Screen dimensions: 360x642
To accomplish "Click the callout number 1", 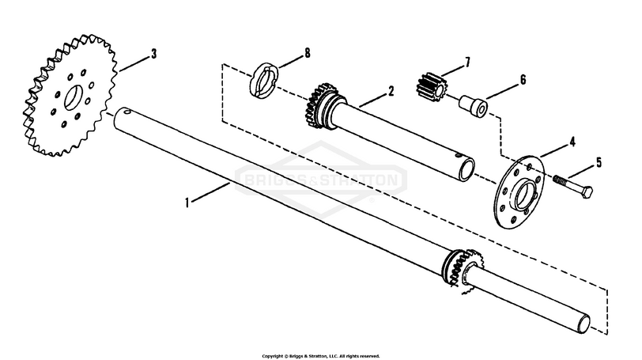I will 187,203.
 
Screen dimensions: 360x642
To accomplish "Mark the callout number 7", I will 467,60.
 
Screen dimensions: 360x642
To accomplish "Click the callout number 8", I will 307,54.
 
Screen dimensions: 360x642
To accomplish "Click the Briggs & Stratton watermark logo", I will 321,180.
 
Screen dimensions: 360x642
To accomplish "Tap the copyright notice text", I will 321,355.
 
